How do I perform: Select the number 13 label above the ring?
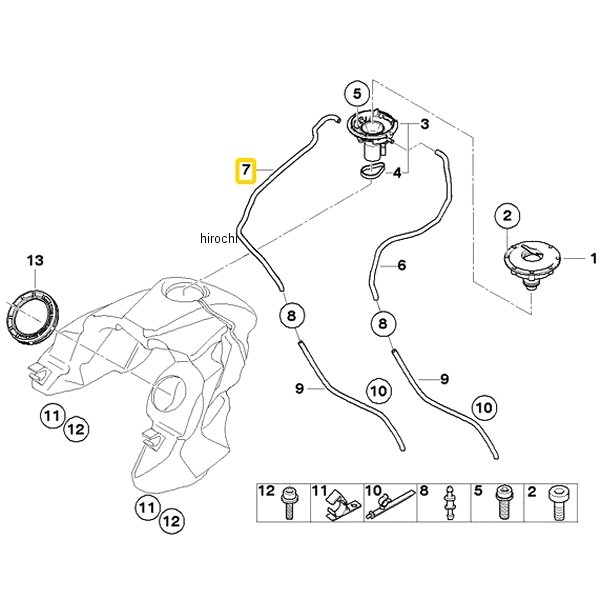[35, 261]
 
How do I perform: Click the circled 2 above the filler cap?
[507, 215]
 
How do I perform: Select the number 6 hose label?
[401, 266]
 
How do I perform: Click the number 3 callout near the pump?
[424, 124]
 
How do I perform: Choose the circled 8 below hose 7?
[289, 316]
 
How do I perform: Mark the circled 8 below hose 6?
[381, 324]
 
